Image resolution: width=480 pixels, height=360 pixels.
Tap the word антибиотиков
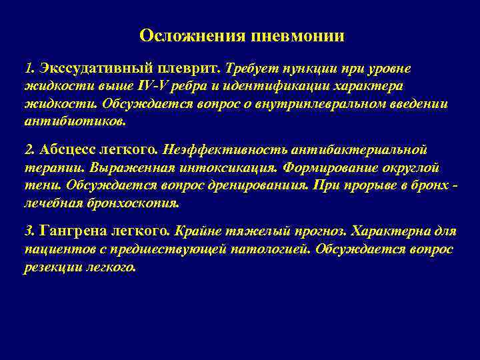(74, 123)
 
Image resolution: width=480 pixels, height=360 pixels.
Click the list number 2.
(28, 149)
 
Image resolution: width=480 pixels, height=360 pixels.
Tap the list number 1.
(27, 69)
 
